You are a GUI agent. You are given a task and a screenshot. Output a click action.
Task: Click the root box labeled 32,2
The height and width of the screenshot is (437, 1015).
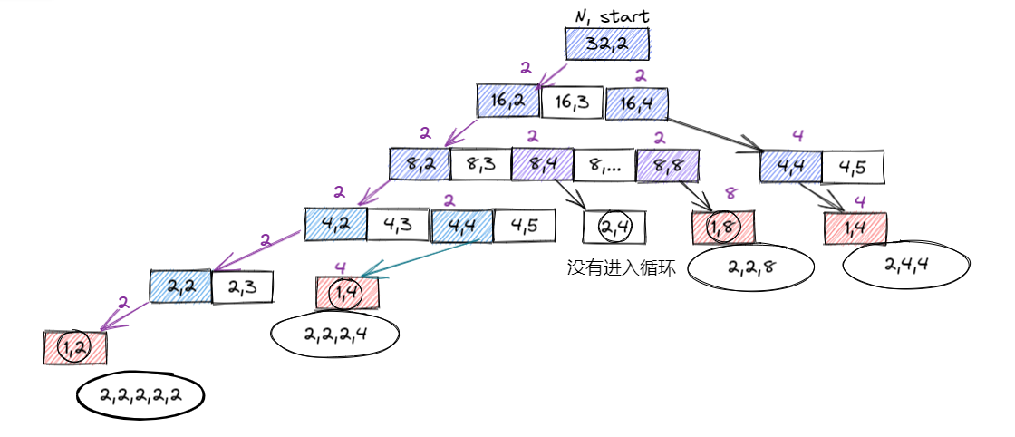point(607,44)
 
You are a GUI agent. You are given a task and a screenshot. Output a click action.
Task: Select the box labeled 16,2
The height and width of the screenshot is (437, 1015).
point(508,102)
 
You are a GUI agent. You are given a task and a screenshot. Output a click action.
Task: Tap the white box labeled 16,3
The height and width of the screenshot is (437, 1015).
point(571,102)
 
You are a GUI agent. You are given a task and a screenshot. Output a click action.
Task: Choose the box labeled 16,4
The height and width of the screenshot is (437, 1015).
point(636,103)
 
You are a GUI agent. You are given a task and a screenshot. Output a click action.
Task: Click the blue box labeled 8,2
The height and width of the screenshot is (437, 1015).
point(420,164)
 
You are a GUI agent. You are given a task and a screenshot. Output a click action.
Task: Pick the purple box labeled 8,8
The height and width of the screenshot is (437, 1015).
point(667,165)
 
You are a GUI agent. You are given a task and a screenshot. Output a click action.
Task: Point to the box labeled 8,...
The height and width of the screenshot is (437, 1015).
point(604,165)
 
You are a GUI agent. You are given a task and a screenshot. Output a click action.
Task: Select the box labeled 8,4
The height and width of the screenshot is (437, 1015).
point(541,164)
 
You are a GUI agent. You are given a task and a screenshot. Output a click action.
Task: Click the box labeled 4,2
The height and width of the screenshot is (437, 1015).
point(335,224)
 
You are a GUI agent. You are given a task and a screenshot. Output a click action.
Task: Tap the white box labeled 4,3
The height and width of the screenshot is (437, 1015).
point(399,224)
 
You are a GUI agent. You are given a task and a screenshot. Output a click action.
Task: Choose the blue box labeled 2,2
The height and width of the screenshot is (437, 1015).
point(180,286)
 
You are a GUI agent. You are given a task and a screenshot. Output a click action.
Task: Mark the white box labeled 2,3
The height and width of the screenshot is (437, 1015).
point(242,286)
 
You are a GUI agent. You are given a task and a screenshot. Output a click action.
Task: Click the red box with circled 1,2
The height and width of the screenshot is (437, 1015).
point(75,347)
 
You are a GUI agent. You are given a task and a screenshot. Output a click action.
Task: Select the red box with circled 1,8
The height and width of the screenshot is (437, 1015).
point(722,227)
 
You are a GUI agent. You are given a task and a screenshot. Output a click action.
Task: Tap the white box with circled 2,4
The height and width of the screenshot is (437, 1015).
point(614,227)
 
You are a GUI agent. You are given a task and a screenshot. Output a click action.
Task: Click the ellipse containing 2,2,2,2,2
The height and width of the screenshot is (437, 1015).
point(140,394)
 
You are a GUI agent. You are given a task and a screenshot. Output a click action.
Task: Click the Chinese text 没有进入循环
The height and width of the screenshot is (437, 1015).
point(621,269)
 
